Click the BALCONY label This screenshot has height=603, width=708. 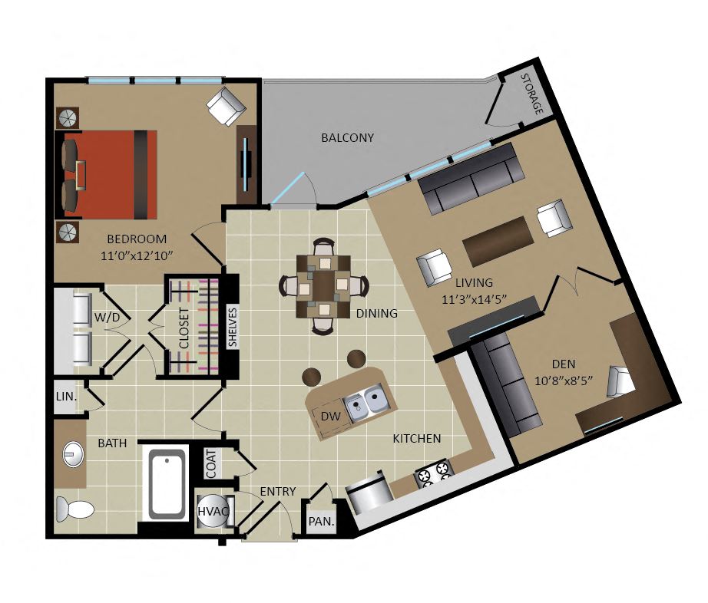347,137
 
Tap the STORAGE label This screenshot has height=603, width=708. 532,94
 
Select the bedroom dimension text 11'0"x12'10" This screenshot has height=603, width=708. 137,255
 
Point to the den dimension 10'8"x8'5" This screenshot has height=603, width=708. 563,381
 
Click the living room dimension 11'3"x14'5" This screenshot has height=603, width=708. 474,299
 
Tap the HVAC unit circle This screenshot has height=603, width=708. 213,511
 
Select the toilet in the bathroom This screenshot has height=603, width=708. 74,509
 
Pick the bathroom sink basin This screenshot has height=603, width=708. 73,454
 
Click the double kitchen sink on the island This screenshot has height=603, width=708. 366,402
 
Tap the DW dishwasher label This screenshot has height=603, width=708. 330,417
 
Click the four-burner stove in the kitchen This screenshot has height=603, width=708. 433,474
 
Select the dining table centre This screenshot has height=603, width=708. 324,286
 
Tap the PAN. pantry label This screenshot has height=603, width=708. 322,522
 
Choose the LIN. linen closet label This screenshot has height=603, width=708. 66,397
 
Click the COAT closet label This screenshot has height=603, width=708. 211,463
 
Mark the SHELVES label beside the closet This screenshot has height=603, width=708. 232,327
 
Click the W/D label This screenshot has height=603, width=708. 108,318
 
